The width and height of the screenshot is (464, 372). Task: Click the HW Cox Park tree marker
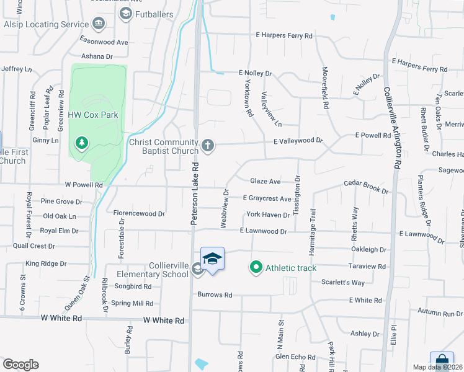pyautogui.click(x=81, y=144)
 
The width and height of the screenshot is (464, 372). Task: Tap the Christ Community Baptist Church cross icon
pyautogui.click(x=208, y=146)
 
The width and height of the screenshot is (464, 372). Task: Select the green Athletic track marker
pyautogui.click(x=255, y=268)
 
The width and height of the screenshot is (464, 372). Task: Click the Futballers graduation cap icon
pyautogui.click(x=125, y=13)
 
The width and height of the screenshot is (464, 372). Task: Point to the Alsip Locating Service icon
pyautogui.click(x=98, y=24)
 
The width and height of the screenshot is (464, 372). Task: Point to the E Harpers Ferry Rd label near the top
pyautogui.click(x=282, y=36)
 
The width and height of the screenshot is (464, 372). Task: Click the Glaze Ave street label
pyautogui.click(x=265, y=182)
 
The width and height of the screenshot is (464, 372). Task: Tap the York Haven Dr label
pyautogui.click(x=268, y=215)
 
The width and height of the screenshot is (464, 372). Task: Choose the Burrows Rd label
pyautogui.click(x=215, y=295)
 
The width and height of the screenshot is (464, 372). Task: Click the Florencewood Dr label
pyautogui.click(x=139, y=213)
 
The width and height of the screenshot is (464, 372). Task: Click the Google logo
pyautogui.click(x=20, y=365)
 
